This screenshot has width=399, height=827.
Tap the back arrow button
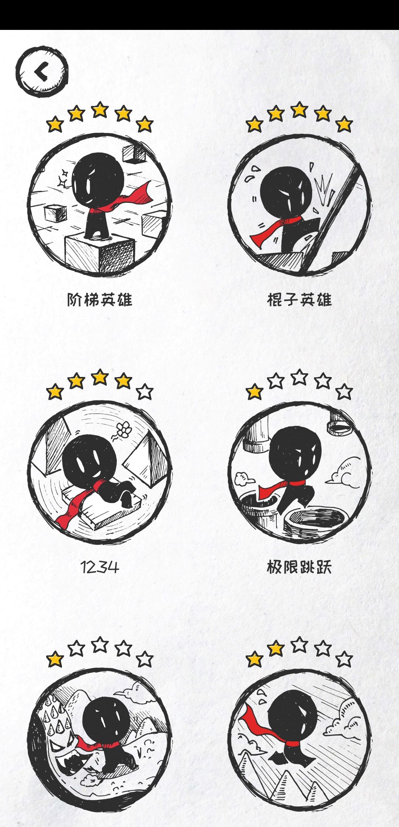(x=42, y=71)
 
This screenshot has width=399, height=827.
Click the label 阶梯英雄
(x=100, y=299)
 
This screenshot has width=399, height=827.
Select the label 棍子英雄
(x=299, y=299)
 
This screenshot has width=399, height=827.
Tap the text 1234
(x=100, y=567)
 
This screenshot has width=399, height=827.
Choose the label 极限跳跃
(x=299, y=567)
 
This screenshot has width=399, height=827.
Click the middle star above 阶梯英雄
(x=100, y=110)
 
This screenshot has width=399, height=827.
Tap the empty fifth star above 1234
(x=145, y=392)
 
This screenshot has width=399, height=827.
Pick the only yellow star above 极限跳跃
(x=255, y=392)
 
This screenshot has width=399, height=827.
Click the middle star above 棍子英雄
(x=299, y=110)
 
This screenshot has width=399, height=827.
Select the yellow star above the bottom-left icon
(x=55, y=659)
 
